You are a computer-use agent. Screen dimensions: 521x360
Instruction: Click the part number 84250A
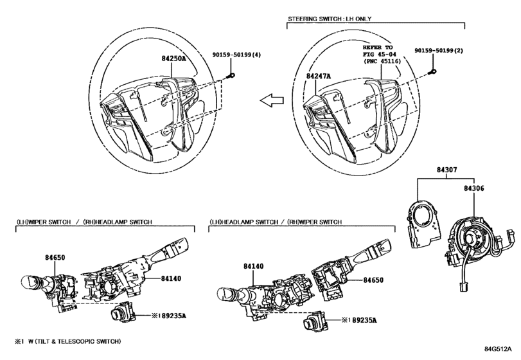[x=173, y=59]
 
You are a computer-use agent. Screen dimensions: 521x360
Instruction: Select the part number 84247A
[x=318, y=76]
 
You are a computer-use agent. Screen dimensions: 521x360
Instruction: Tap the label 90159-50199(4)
[x=236, y=55]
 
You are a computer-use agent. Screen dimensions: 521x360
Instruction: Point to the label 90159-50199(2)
[x=439, y=51]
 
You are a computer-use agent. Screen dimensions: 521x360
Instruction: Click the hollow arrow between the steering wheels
[x=272, y=100]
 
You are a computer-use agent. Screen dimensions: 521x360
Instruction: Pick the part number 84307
[x=446, y=170]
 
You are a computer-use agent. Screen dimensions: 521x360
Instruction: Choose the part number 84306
[x=474, y=188]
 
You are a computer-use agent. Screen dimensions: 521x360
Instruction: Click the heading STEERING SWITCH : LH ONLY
[x=330, y=19]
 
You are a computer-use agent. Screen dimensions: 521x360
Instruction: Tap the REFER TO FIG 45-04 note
[x=382, y=54]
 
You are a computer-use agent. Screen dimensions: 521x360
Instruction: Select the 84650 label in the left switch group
[x=55, y=257]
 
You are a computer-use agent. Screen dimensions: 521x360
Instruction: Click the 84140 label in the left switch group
[x=171, y=278]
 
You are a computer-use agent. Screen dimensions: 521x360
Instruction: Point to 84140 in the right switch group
[x=254, y=266]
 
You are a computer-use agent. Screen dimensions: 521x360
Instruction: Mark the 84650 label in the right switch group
[x=373, y=280]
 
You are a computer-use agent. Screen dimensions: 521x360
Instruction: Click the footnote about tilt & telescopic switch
[x=68, y=341]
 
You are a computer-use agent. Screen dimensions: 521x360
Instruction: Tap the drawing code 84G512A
[x=498, y=348]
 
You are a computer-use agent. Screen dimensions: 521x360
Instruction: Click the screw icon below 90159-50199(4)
[x=230, y=76]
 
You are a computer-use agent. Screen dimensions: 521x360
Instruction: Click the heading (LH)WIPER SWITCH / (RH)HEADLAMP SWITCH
[x=84, y=222]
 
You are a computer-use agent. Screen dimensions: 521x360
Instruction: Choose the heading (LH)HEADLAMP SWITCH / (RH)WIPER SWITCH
[x=276, y=222]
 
